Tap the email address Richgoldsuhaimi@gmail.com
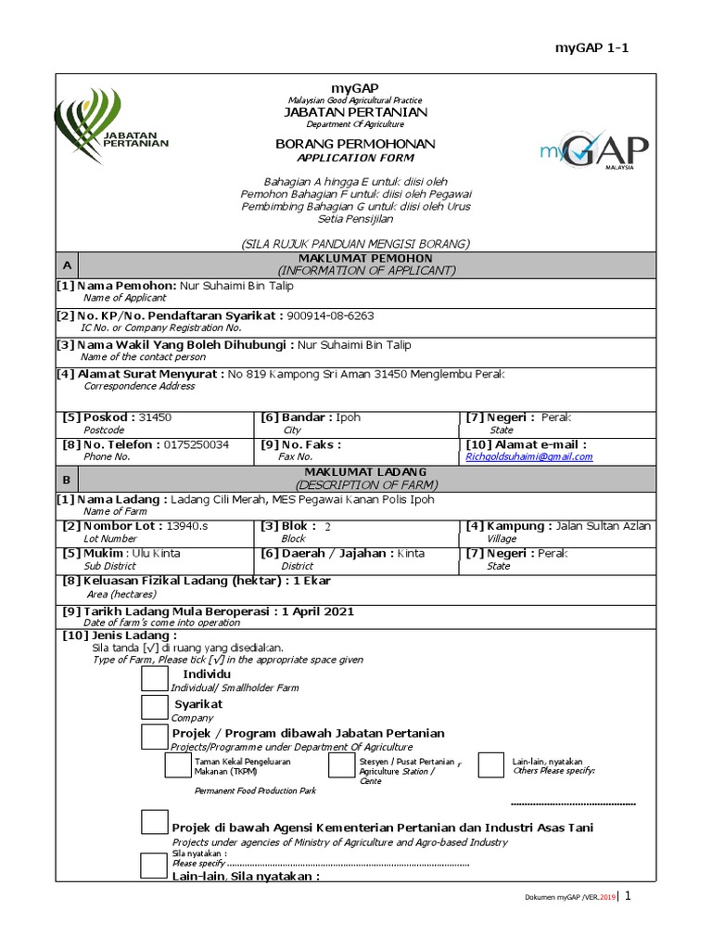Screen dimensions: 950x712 tap(529, 456)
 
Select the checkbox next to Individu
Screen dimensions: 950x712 tap(154, 679)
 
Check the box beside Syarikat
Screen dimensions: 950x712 tap(154, 709)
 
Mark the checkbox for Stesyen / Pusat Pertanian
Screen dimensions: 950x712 tap(341, 765)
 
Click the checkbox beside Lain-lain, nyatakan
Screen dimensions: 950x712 tap(490, 765)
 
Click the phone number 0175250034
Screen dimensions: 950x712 tap(197, 444)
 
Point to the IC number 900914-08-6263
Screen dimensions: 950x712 tap(330, 315)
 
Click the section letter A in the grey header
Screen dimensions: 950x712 tap(66, 265)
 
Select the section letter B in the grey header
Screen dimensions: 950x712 tap(66, 480)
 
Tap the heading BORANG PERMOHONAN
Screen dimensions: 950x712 tap(355, 145)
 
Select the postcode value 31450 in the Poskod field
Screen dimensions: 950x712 tap(155, 417)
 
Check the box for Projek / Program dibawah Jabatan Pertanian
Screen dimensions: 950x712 tap(154, 738)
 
